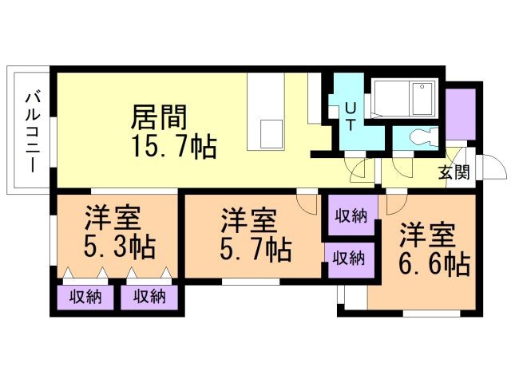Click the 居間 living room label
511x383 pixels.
159,117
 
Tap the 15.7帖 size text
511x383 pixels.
174,147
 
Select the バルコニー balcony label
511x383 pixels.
33,132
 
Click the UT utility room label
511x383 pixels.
351,116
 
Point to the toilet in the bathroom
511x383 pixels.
423,136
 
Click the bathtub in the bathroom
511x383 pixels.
405,98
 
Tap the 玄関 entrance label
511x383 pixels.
454,172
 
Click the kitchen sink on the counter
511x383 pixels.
271,134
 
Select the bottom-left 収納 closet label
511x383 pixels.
85,297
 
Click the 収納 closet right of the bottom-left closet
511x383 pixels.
149,297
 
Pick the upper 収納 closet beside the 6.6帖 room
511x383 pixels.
351,215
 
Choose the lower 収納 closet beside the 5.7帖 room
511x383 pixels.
348,259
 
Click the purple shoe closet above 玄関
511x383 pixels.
461,114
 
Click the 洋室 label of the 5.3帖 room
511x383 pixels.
113,218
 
